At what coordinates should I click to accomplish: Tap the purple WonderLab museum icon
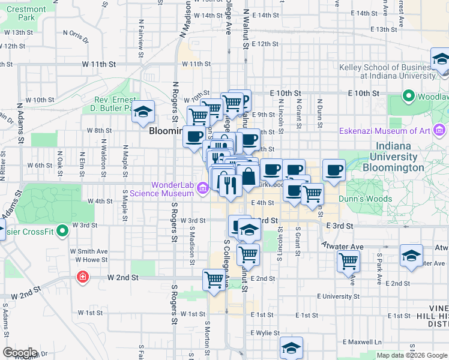point(203,190)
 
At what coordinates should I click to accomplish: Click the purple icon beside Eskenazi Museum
point(440,130)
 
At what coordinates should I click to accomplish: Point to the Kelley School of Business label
point(388,71)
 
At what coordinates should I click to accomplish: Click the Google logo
point(20,353)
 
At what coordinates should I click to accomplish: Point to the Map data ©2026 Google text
point(412,355)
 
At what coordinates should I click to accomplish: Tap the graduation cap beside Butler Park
point(143,112)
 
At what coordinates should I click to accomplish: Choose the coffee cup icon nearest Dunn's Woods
point(334,170)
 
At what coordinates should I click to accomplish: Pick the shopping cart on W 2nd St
point(214,280)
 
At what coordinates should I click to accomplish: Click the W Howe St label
point(88,260)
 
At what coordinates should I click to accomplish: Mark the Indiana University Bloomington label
point(401,157)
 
